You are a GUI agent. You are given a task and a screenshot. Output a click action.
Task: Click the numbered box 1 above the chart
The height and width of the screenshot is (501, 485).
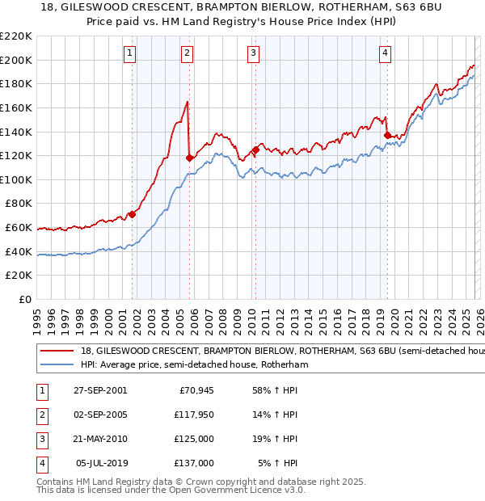pos(130,53)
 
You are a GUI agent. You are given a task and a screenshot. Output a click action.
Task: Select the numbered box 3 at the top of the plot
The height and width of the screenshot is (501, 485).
pos(253,53)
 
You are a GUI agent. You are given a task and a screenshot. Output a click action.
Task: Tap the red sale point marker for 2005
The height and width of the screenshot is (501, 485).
pos(188,158)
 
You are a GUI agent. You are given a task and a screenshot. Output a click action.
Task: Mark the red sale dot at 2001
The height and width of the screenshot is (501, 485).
pos(133,214)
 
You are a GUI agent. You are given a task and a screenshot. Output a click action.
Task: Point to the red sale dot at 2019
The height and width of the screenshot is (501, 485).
pos(387,135)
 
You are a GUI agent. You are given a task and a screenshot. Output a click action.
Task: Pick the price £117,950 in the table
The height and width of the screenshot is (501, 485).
pos(195,415)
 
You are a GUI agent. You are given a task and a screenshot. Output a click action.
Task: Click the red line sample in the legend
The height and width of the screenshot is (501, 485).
pos(57,352)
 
